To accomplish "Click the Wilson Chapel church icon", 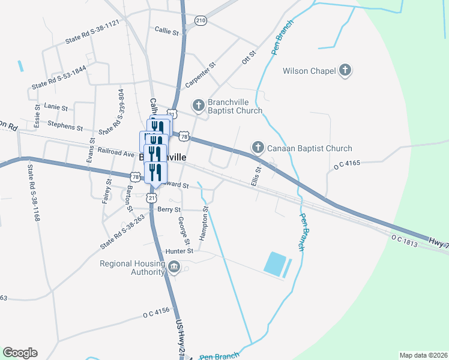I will click(x=345, y=71).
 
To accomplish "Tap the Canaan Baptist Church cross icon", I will click(x=258, y=148).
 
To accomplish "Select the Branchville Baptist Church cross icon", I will click(x=199, y=106).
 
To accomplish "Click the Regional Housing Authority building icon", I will click(x=174, y=267).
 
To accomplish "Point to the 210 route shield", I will click(x=200, y=20).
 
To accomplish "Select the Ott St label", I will click(x=249, y=58).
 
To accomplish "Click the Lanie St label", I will click(x=56, y=106).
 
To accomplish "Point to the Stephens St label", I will click(x=65, y=127).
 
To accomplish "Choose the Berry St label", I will click(x=169, y=209).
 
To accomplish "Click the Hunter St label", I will click(x=181, y=251).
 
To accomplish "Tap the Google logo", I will click(x=20, y=353).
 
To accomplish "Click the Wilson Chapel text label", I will click(x=309, y=71).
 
